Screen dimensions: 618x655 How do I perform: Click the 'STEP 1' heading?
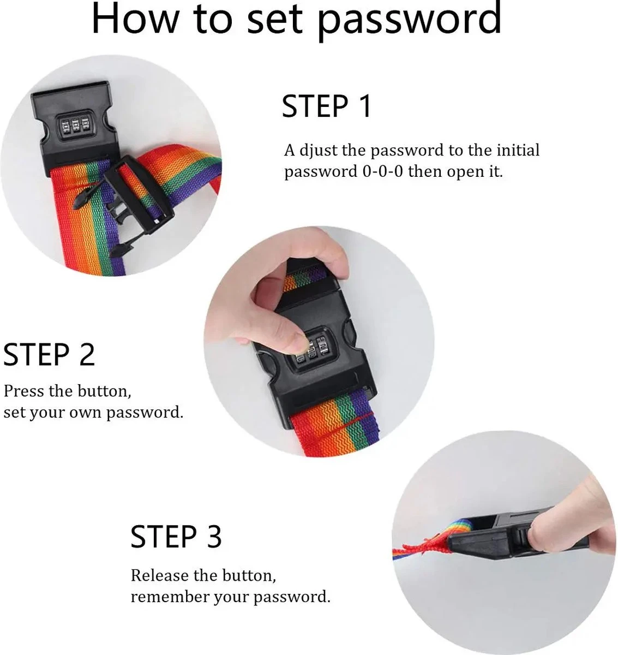pos(327,106)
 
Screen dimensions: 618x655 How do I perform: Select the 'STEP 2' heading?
pos(49,355)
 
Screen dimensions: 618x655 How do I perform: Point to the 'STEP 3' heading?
pos(176,537)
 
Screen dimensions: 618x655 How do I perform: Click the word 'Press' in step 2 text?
pos(24,391)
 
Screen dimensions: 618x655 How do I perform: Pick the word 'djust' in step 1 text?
pos(318,151)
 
